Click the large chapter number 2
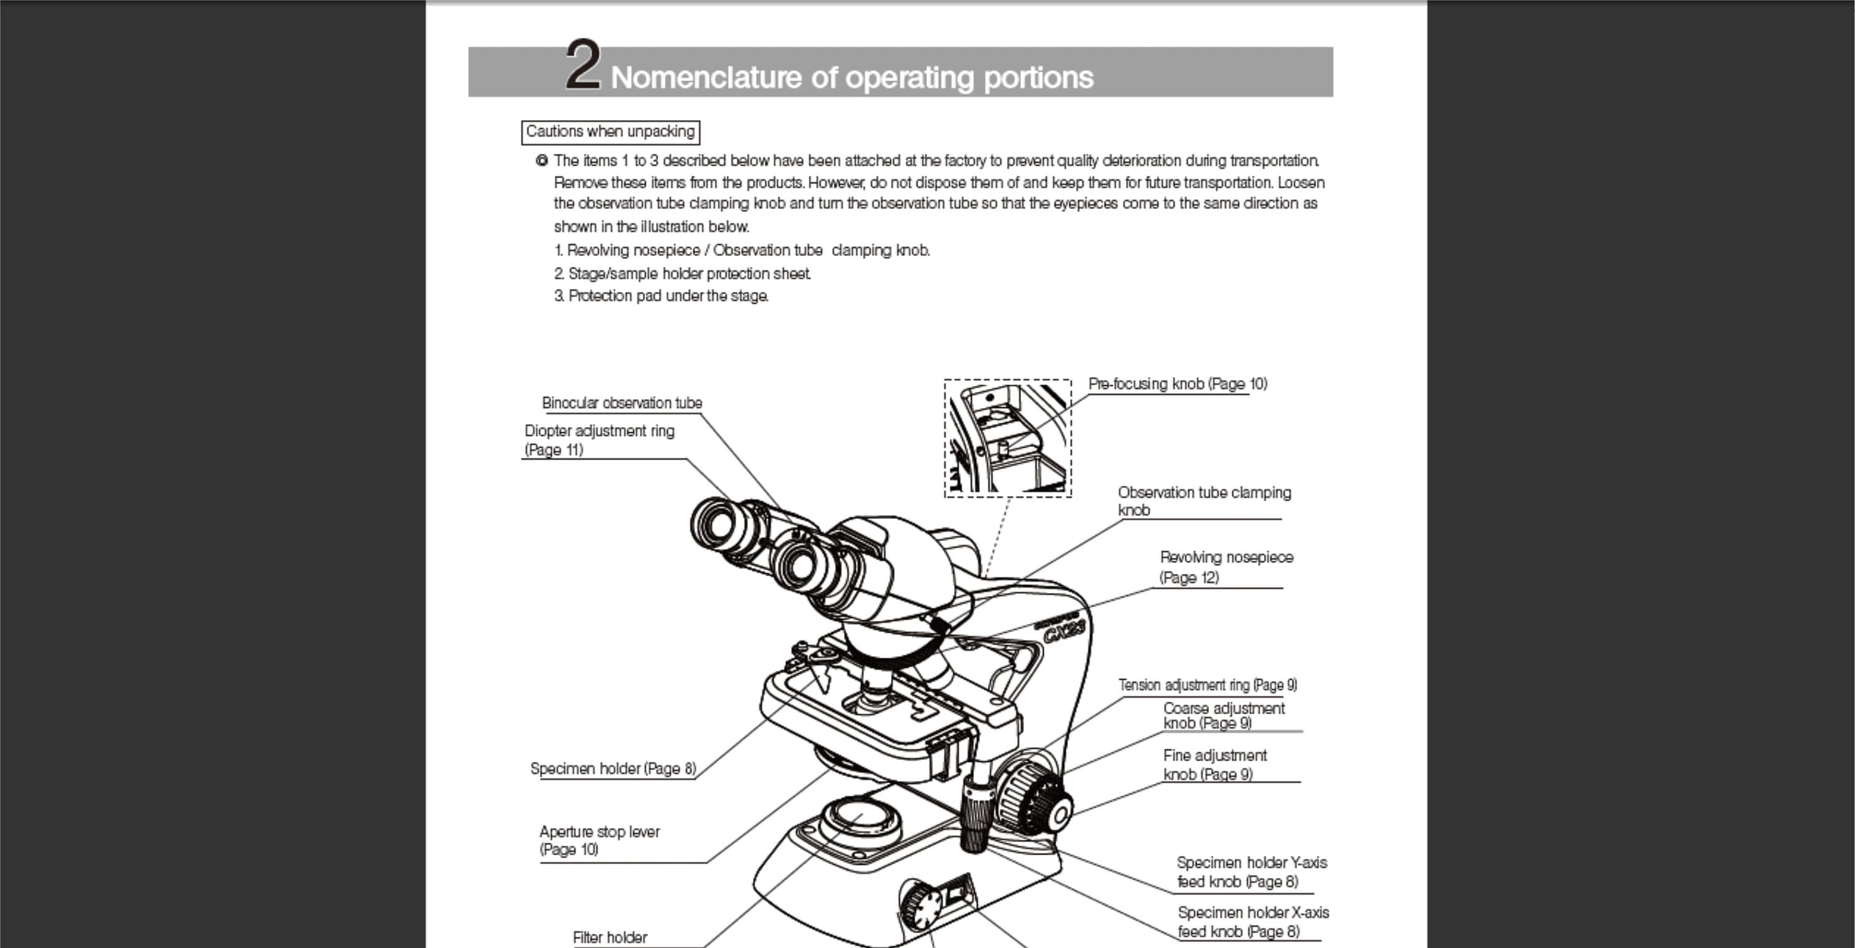(582, 66)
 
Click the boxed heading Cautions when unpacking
(610, 132)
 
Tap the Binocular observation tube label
(621, 403)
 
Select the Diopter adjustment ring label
(599, 440)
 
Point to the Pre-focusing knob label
(1177, 384)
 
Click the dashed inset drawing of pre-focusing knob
(1007, 438)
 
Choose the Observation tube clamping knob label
(1203, 501)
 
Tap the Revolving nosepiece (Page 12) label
(1226, 567)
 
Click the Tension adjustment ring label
(1207, 685)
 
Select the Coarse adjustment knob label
(1224, 715)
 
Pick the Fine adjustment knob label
(1214, 764)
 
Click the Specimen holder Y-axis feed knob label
(1251, 872)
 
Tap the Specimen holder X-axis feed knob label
(1252, 921)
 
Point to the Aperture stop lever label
(599, 840)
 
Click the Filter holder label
(609, 937)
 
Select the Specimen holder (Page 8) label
(613, 769)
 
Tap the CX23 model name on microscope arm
(1064, 633)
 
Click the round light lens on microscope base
(861, 817)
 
